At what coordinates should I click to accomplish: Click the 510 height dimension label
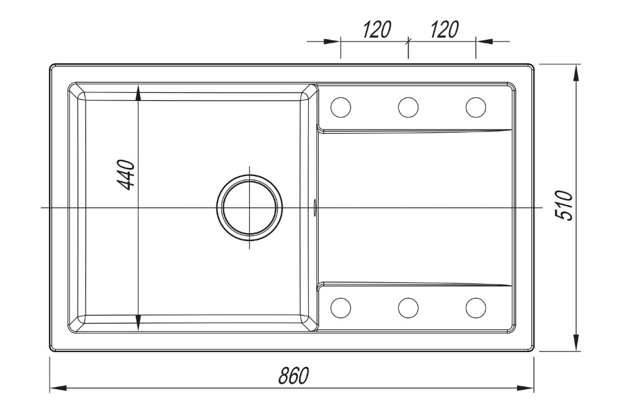tap(564, 205)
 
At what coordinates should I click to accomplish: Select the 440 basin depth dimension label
tap(127, 174)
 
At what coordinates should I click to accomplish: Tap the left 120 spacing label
tap(377, 29)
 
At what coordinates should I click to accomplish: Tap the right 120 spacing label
tap(444, 29)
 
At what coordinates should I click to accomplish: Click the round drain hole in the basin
tap(249, 208)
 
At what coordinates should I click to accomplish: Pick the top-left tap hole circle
tap(341, 107)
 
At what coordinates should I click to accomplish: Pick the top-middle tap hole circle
tap(408, 107)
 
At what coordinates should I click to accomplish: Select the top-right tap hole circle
tap(476, 107)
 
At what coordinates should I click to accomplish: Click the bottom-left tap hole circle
tap(341, 308)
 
